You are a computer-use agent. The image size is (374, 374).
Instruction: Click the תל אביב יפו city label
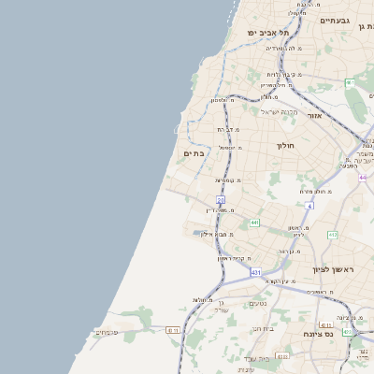click(x=266, y=32)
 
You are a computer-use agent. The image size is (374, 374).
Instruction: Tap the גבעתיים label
click(x=334, y=20)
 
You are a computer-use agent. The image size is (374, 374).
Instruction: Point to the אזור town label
click(x=314, y=115)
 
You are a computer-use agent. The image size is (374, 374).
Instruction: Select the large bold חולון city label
click(x=285, y=146)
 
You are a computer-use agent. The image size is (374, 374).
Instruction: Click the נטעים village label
click(x=259, y=303)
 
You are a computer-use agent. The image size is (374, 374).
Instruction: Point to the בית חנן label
click(x=263, y=328)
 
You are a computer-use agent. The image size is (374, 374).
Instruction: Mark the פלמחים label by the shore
click(x=106, y=332)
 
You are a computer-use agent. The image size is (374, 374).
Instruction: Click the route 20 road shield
click(x=221, y=199)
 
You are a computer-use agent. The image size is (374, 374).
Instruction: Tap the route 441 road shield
click(x=253, y=223)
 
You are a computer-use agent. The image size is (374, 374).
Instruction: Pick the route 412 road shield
click(x=332, y=235)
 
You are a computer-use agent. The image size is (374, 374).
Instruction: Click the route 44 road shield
click(x=362, y=176)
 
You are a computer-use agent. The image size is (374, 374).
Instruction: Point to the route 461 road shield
click(x=349, y=83)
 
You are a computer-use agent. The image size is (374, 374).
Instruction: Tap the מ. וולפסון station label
click(x=220, y=100)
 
